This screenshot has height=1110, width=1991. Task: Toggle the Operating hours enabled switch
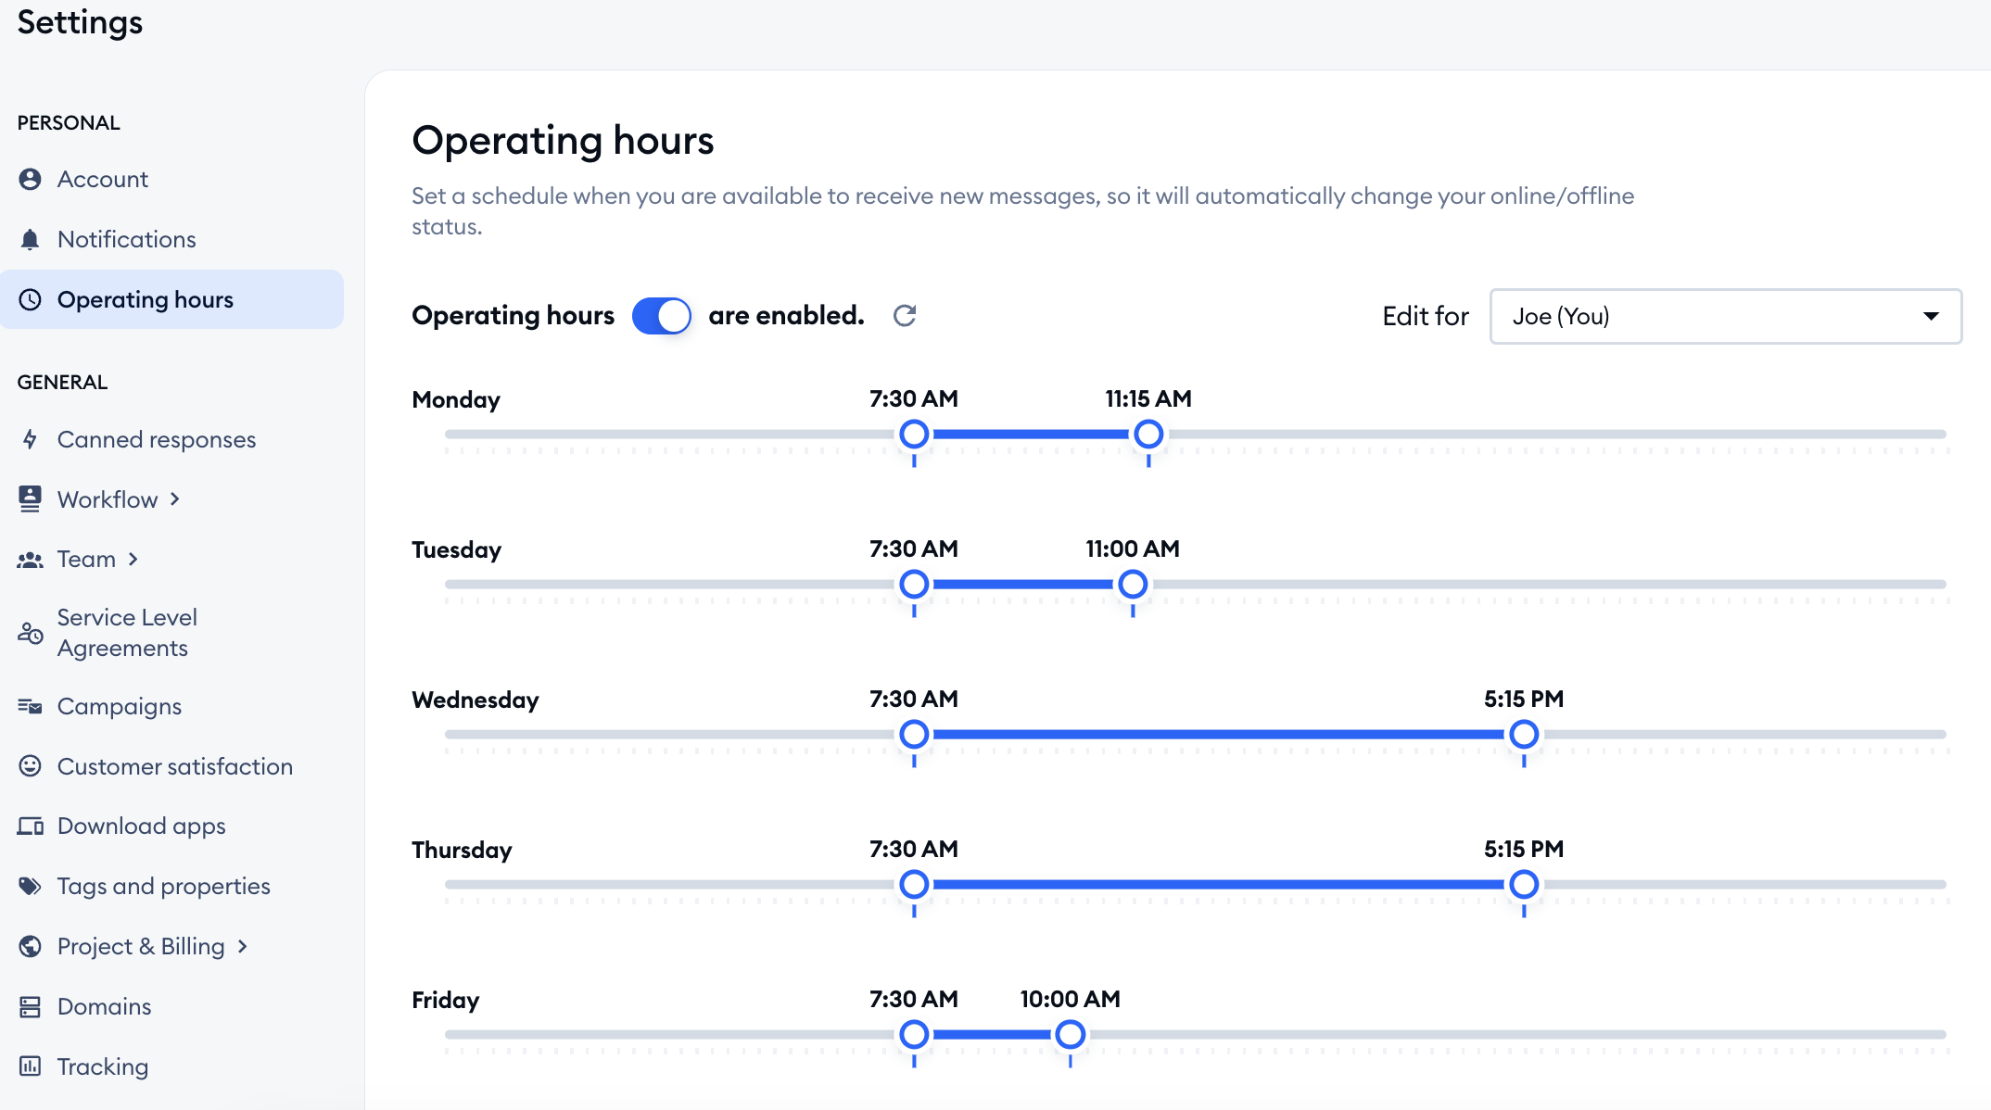pos(662,316)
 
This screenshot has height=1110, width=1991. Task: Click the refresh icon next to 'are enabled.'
pos(905,316)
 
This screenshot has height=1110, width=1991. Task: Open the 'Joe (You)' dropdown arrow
pos(1931,316)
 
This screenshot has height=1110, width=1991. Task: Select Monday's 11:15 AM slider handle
pos(1148,434)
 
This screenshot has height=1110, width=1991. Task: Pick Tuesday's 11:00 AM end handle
pos(1133,584)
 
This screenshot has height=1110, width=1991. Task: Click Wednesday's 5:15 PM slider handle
pos(1524,734)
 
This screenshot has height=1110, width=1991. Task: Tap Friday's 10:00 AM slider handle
pos(1071,1034)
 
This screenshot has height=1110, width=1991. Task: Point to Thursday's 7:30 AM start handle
pos(914,884)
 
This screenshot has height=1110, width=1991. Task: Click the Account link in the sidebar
pos(102,179)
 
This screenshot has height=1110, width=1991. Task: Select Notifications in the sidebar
pos(126,239)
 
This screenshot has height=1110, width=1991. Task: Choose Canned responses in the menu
pos(156,439)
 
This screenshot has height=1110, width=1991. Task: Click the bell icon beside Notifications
pos(30,239)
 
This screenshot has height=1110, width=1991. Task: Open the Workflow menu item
pos(108,499)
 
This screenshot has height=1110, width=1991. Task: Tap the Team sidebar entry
pos(86,559)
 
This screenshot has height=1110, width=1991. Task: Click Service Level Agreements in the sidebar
pos(127,633)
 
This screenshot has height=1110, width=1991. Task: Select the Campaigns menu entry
pos(119,706)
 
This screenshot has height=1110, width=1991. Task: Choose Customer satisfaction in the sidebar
pos(174,766)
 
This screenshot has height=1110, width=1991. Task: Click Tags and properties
pos(163,886)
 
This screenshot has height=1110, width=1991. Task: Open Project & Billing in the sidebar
pos(141,946)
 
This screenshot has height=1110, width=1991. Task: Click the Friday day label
pos(446,1000)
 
